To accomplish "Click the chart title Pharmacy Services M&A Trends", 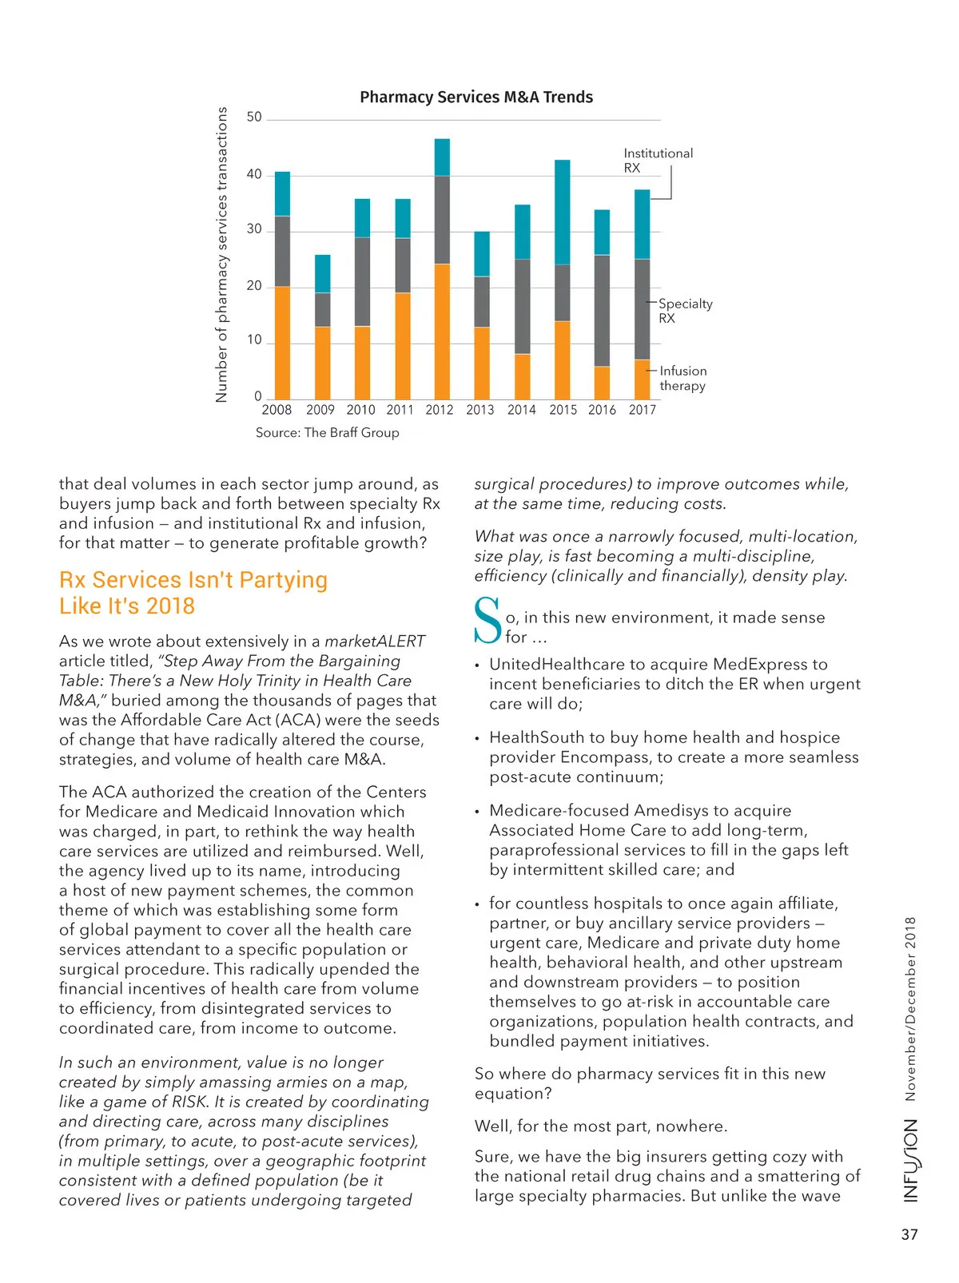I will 476,97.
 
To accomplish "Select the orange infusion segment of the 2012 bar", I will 442,331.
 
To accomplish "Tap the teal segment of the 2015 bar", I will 562,212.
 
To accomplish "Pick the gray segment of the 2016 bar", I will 602,310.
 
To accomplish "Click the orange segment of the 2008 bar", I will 282,343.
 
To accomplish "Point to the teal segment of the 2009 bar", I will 322,273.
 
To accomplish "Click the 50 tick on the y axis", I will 254,117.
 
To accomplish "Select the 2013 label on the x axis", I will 480,410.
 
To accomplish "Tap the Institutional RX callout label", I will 658,161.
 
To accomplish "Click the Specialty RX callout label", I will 685,311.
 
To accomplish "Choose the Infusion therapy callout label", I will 682,378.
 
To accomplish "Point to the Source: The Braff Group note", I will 327,433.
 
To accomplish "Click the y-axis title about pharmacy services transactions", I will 221,255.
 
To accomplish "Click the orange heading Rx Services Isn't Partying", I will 193,580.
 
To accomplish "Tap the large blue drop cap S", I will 487,620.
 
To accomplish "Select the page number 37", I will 909,1235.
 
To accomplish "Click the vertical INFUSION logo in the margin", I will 910,1160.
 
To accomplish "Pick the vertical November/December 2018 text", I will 910,1009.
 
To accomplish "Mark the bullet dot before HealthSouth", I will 477,739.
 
